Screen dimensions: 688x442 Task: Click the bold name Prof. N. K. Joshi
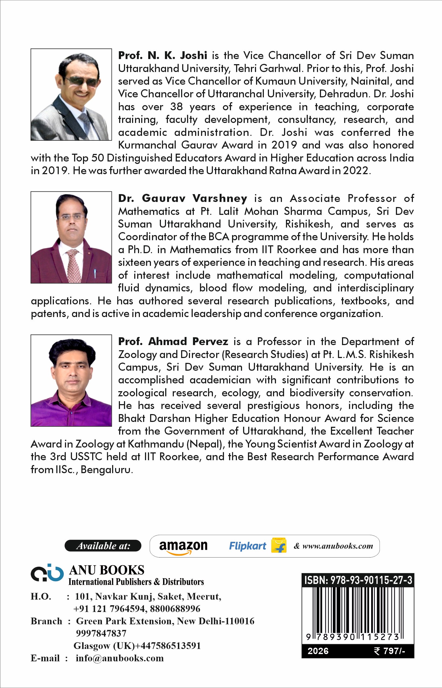tap(163, 55)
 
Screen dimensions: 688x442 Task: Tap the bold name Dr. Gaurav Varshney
tap(182, 198)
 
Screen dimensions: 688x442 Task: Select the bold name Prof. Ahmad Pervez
tap(173, 341)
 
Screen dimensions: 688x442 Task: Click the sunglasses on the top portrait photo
tap(80, 81)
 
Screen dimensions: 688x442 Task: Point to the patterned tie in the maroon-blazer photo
tap(74, 266)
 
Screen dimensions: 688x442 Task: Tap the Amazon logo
tap(183, 546)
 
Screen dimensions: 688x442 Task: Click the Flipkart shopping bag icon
tap(279, 546)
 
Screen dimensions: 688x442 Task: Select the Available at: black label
tap(103, 546)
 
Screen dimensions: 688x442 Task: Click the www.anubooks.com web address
tap(337, 546)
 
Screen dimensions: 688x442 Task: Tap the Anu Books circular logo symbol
tap(47, 573)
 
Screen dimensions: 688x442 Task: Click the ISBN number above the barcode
tap(358, 580)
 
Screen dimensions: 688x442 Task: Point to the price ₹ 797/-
tap(389, 651)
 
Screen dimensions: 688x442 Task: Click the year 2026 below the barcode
tap(318, 651)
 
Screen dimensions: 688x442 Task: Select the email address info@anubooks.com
tap(120, 658)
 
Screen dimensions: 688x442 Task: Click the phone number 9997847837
tap(101, 633)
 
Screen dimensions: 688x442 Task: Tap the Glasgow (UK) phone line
tap(137, 645)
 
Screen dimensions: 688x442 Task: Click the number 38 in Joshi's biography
tap(176, 106)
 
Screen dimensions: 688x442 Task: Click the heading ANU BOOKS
tap(106, 570)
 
